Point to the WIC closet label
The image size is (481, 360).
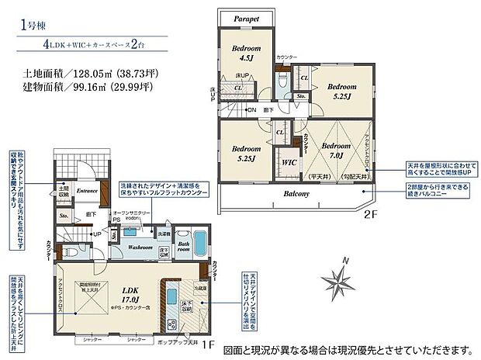(x=287, y=162)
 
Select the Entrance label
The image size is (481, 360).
(x=86, y=189)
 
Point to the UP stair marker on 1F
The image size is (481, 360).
(x=96, y=234)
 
